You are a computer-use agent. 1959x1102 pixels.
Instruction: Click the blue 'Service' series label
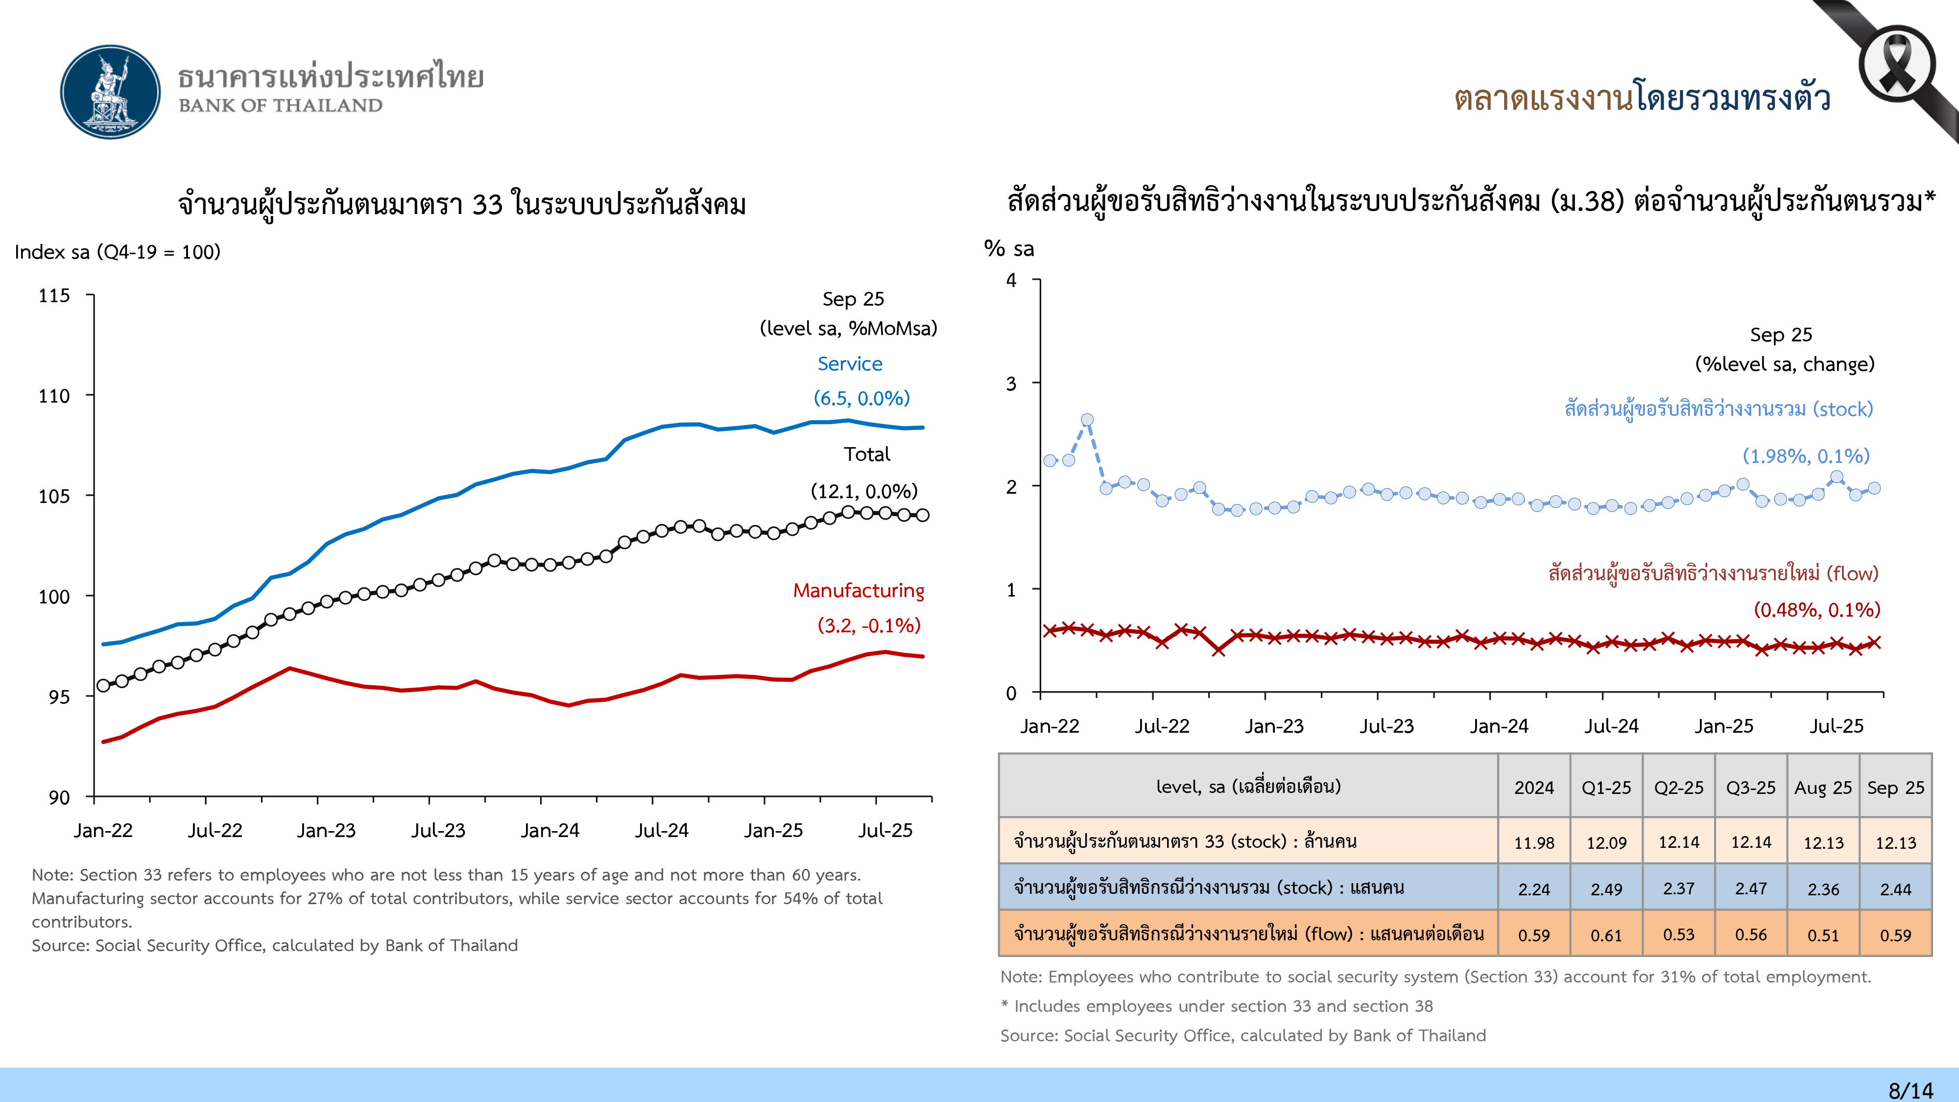[849, 363]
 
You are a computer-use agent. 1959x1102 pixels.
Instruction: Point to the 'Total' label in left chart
[866, 454]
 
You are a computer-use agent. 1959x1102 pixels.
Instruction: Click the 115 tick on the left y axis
[54, 296]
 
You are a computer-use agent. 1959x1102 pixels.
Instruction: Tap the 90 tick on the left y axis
[59, 797]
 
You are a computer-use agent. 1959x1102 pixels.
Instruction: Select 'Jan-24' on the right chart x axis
[1498, 726]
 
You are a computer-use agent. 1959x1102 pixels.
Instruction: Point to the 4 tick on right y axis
[1011, 281]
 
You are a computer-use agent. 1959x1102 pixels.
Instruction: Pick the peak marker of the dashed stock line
[1087, 420]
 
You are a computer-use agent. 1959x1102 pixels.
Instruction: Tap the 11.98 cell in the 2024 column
[1534, 842]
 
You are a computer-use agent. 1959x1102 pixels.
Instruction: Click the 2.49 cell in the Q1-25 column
[1606, 889]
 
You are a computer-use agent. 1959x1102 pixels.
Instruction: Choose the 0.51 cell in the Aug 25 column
[1823, 934]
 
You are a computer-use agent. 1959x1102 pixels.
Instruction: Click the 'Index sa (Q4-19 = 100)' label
[117, 252]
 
